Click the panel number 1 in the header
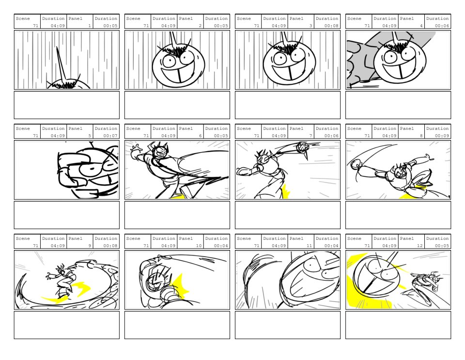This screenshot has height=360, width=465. [x=90, y=26]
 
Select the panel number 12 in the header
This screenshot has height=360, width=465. [x=419, y=246]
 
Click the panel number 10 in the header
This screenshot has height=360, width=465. [x=199, y=246]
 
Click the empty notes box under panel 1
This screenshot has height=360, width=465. [x=67, y=105]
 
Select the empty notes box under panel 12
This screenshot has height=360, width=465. [x=398, y=325]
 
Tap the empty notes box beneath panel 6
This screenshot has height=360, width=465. [x=177, y=215]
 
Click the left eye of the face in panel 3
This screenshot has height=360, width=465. [x=279, y=58]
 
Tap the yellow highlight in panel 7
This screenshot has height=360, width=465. [x=286, y=191]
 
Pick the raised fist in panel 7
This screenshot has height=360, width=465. [x=302, y=147]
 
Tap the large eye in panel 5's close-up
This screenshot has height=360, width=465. [x=93, y=169]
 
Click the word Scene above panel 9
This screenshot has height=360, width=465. [x=23, y=238]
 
